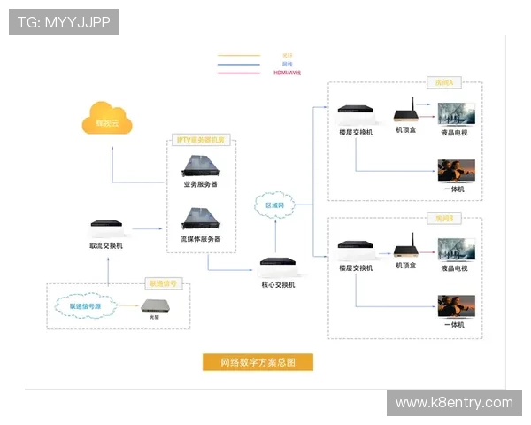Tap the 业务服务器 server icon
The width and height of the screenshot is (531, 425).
(x=200, y=165)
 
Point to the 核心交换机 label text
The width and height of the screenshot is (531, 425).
(x=278, y=284)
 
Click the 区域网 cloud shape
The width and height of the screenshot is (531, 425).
(x=275, y=205)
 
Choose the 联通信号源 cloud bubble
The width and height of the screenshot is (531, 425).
(x=86, y=306)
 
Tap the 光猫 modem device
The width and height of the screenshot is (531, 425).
(x=158, y=307)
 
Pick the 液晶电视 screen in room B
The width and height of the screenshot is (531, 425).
(x=457, y=249)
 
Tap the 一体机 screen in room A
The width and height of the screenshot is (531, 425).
(x=457, y=169)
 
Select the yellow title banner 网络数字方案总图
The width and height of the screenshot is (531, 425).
(x=257, y=362)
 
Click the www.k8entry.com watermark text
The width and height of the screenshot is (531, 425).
(x=454, y=403)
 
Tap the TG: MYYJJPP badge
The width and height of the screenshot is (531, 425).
(x=64, y=21)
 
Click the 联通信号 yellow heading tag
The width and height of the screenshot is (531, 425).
(x=165, y=284)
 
